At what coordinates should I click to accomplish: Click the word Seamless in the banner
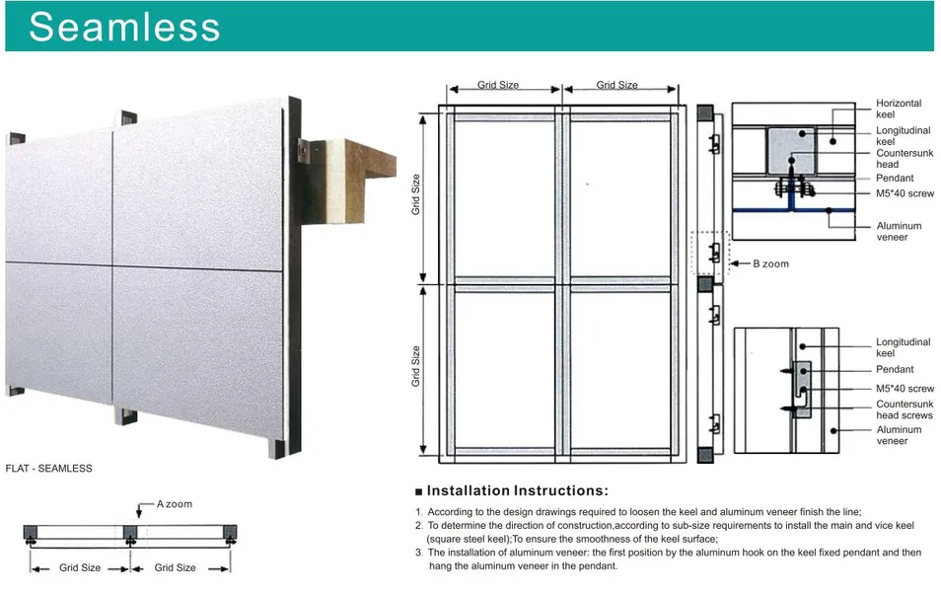pyautogui.click(x=124, y=27)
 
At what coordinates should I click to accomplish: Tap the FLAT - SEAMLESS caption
pyautogui.click(x=48, y=468)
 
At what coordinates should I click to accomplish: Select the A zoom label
pyautogui.click(x=175, y=504)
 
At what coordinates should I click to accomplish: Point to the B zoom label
pyautogui.click(x=770, y=263)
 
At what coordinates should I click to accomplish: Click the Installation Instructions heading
pyautogui.click(x=517, y=491)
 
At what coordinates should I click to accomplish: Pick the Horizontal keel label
pyautogui.click(x=899, y=109)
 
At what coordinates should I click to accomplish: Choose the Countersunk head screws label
pyautogui.click(x=905, y=409)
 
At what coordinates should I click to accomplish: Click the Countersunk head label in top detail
pyautogui.click(x=905, y=159)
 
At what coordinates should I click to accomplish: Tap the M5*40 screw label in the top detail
pyautogui.click(x=905, y=193)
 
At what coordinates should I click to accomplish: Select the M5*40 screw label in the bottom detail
pyautogui.click(x=905, y=389)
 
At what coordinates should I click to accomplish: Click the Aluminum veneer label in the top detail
pyautogui.click(x=899, y=231)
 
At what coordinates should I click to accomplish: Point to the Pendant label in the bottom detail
pyautogui.click(x=895, y=369)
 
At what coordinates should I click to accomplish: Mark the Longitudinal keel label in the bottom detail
pyautogui.click(x=903, y=347)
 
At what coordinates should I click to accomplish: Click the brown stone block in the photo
pyautogui.click(x=370, y=173)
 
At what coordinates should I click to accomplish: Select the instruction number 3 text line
pyautogui.click(x=668, y=558)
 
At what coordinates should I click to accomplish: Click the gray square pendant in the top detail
pyautogui.click(x=792, y=151)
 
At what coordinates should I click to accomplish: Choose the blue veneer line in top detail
pyautogui.click(x=793, y=210)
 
